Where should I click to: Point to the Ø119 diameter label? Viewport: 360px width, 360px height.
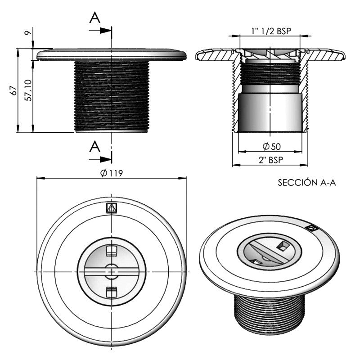point(112,173)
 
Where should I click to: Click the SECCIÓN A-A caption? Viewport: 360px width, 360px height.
point(307,183)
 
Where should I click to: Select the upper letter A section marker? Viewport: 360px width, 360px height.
point(94,18)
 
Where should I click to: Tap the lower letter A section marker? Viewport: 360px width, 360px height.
point(94,146)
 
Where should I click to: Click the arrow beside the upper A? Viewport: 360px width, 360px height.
point(104,30)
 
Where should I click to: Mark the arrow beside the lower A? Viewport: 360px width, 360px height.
point(104,158)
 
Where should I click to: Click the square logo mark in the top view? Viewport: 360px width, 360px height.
point(112,207)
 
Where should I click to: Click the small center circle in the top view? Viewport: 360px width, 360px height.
point(112,271)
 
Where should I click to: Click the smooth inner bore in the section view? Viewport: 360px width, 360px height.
point(270,112)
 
